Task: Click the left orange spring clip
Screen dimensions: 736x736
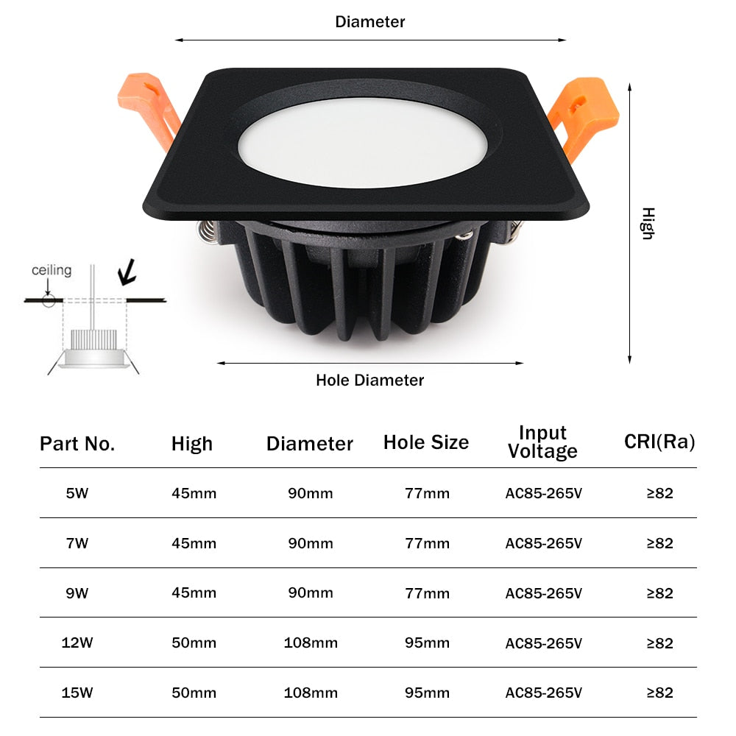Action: tap(151, 107)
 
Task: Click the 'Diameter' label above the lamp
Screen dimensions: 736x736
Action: tap(369, 22)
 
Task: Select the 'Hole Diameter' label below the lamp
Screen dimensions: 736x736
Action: tap(369, 381)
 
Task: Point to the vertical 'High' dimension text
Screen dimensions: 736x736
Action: tap(647, 223)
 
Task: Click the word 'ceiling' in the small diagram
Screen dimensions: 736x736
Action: tap(52, 270)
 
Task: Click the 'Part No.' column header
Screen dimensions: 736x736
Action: tap(77, 444)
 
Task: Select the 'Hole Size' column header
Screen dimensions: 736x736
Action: tap(425, 442)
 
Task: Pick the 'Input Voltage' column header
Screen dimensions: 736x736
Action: tap(542, 442)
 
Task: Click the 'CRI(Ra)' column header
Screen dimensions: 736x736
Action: tap(659, 442)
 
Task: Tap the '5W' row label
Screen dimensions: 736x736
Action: tap(77, 493)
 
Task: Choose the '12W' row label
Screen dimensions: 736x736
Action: tap(77, 643)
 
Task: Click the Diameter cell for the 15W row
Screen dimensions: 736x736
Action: tap(311, 693)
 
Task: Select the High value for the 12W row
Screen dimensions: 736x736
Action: tap(194, 643)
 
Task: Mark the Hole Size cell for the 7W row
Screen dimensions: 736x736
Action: tap(427, 543)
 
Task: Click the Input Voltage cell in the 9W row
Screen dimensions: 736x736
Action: tap(543, 593)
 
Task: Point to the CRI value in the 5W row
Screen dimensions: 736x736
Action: tap(659, 493)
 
